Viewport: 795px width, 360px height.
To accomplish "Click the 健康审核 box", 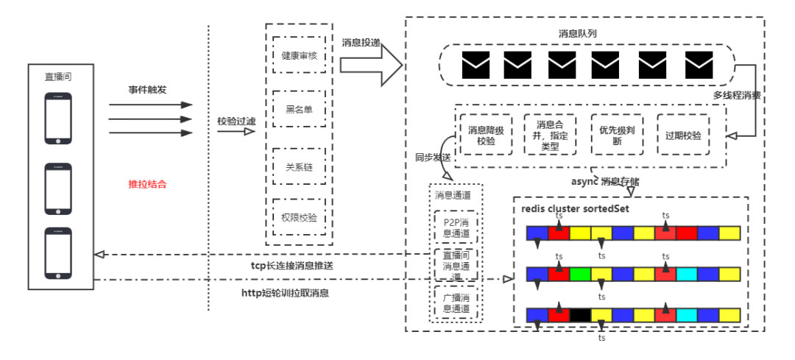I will [x=299, y=55].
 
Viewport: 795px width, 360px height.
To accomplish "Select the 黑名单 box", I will [x=299, y=110].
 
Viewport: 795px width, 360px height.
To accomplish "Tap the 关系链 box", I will [x=299, y=166].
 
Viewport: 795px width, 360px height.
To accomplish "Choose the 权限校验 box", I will [x=299, y=217].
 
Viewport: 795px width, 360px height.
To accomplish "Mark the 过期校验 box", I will [x=682, y=135].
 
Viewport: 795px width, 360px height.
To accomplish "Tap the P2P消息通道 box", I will [x=453, y=227].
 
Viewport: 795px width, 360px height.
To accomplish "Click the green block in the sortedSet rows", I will [x=580, y=275].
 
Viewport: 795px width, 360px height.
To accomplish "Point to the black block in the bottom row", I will [x=580, y=315].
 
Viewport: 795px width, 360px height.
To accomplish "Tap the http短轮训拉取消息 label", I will [x=286, y=292].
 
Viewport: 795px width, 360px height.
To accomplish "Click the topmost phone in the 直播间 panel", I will [x=59, y=118].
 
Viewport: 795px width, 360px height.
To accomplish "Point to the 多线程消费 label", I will [x=737, y=95].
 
